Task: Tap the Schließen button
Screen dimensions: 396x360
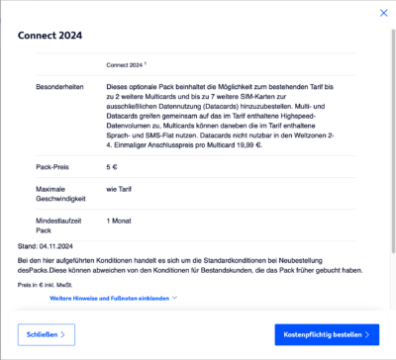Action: (46, 335)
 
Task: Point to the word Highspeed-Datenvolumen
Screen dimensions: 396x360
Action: (331, 116)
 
